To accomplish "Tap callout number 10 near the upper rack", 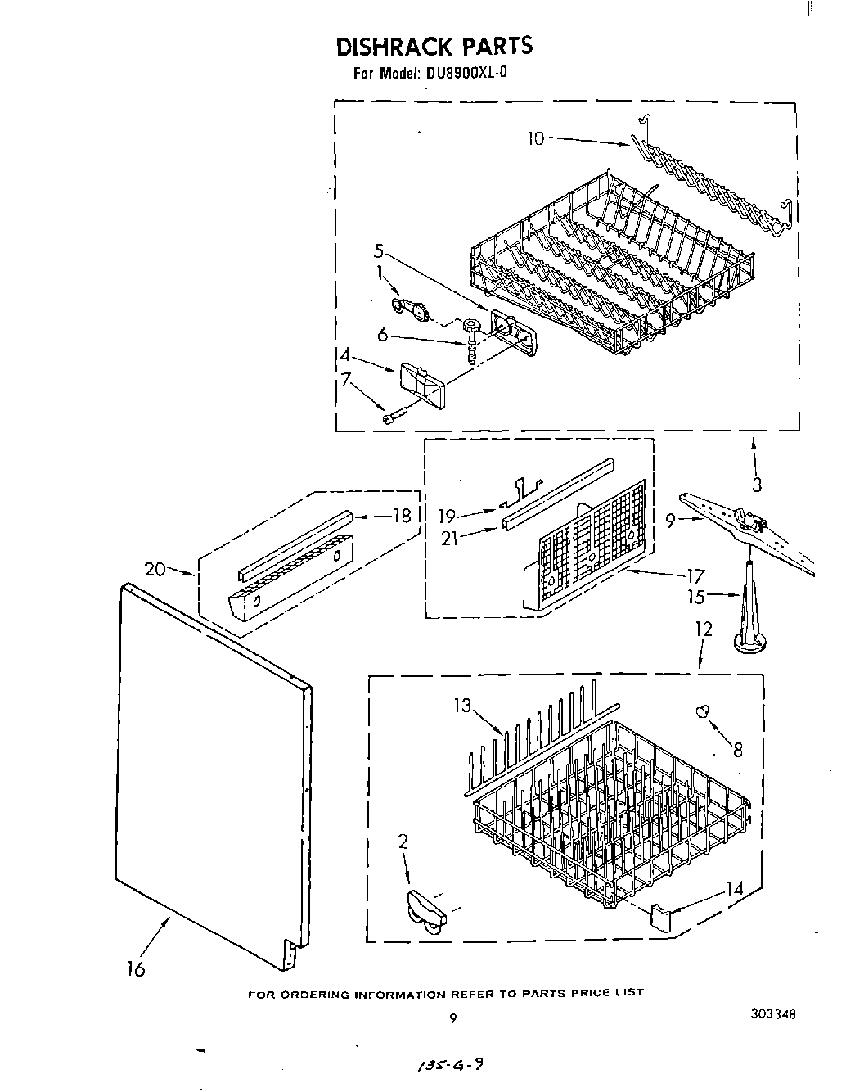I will tap(534, 138).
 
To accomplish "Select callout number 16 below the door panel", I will tap(136, 970).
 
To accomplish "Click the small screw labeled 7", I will tap(392, 418).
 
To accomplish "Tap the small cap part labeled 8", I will tap(702, 711).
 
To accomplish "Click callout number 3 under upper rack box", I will tap(757, 485).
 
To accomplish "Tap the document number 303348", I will tap(772, 1015).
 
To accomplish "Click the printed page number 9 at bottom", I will tap(452, 1019).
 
